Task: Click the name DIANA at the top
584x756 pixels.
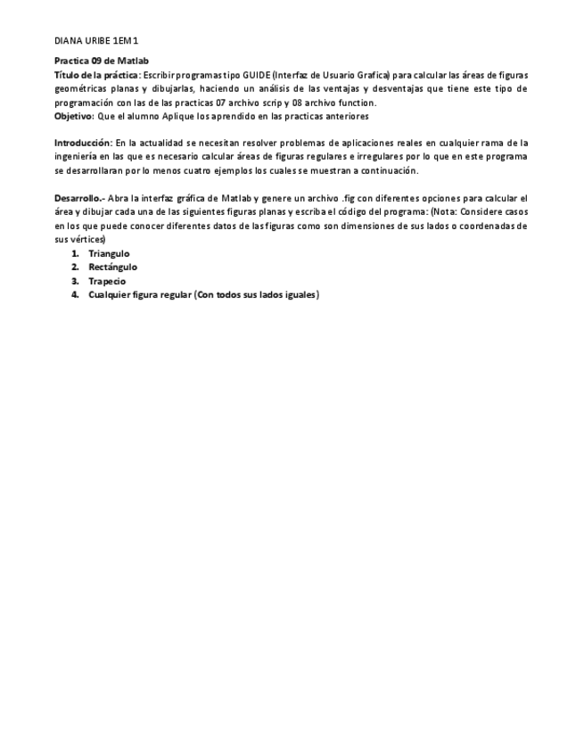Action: (x=68, y=41)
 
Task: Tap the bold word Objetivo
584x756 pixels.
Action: (x=73, y=116)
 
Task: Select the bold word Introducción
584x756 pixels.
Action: (x=83, y=143)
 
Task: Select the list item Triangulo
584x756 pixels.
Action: (x=109, y=254)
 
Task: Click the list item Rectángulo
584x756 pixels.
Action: (x=112, y=267)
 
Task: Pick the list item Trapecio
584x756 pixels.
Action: (x=107, y=282)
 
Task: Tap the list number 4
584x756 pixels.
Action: (x=76, y=295)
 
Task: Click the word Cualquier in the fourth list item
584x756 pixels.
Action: (x=110, y=295)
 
